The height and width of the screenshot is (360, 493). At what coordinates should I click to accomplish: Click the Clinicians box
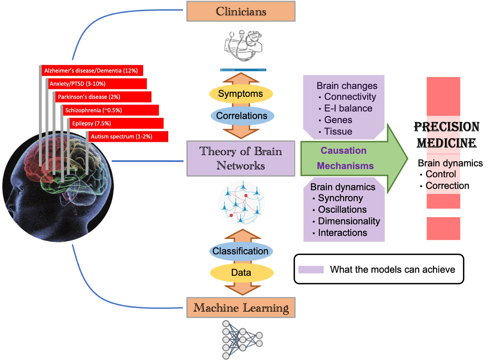coord(241,11)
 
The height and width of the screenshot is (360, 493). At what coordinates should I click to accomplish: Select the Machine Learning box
coord(241,308)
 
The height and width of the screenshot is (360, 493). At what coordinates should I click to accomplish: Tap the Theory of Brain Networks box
coord(241,158)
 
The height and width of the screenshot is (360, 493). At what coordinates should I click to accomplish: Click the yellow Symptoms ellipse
coord(240,94)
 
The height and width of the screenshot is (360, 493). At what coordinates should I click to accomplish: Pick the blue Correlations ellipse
coord(241,116)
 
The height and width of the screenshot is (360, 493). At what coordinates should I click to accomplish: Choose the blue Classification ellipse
coord(240,251)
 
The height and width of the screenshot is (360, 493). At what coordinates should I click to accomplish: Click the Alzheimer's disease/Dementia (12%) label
coord(92,71)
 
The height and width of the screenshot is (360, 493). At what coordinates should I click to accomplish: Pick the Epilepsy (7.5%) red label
coord(116,124)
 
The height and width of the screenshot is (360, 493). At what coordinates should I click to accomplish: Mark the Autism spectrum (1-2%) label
coord(128,137)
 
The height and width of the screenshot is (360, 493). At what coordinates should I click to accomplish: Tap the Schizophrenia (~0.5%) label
coord(111,110)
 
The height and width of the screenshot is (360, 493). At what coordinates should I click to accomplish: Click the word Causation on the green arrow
coord(344,151)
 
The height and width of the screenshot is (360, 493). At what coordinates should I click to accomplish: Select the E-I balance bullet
coord(348,108)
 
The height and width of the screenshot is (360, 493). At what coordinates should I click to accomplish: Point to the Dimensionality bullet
coord(349,221)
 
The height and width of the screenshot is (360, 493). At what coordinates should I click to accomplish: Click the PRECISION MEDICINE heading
coord(447,135)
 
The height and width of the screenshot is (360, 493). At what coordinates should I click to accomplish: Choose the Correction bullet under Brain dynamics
coord(447,186)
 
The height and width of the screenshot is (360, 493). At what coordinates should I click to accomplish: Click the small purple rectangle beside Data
coord(311,270)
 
